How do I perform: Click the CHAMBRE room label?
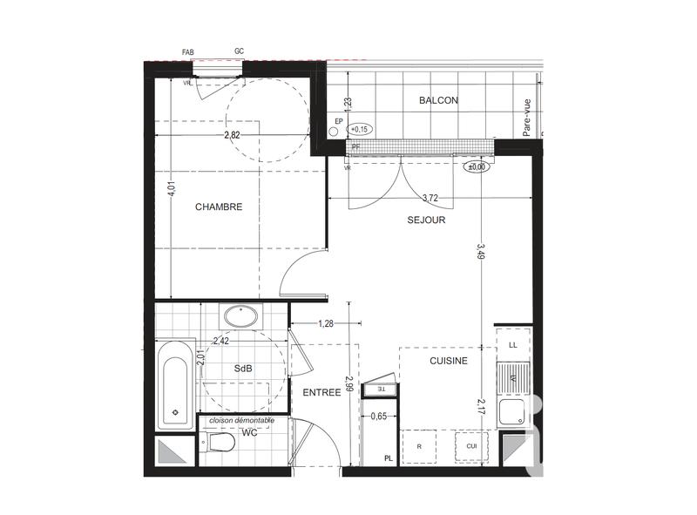click(x=219, y=207)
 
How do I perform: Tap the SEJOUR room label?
click(x=426, y=220)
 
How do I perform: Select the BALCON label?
click(x=438, y=101)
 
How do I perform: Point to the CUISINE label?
click(x=449, y=361)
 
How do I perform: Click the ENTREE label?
click(x=321, y=393)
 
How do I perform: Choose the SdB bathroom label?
click(x=243, y=369)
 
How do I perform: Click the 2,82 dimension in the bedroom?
click(x=233, y=135)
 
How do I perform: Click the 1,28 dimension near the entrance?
click(x=326, y=324)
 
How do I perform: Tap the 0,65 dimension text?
click(x=378, y=417)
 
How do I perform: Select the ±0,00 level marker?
click(x=477, y=167)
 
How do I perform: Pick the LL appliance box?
click(x=512, y=346)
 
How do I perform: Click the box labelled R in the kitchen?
click(x=420, y=446)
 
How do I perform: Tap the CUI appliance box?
click(x=471, y=446)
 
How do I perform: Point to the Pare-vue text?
click(x=526, y=117)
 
